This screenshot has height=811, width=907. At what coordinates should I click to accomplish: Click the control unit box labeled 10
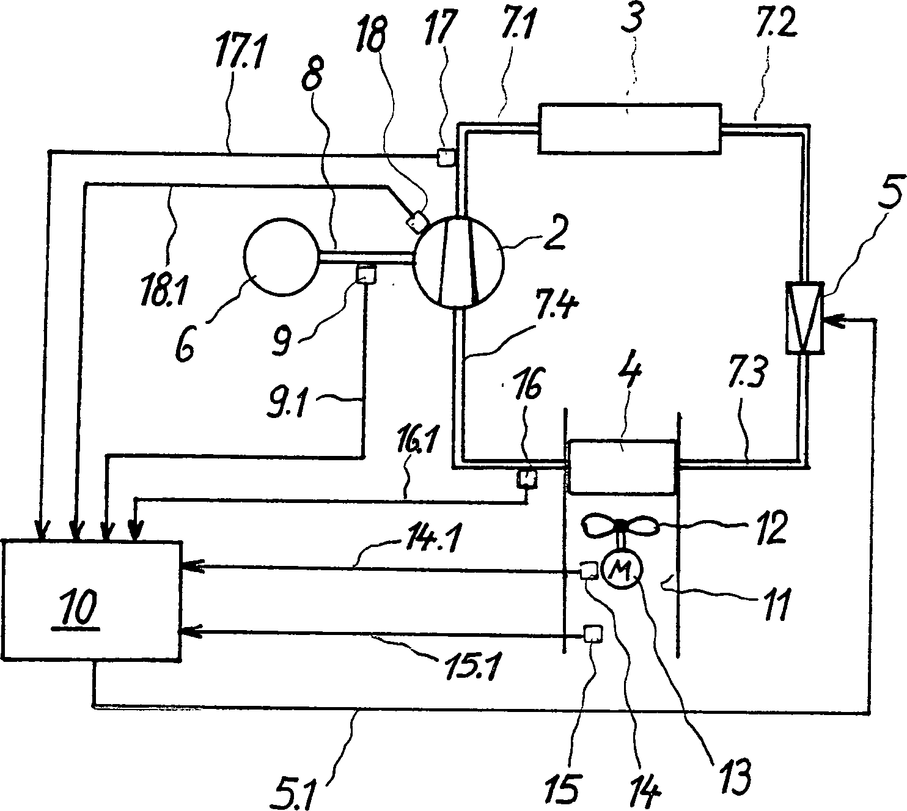tap(92, 599)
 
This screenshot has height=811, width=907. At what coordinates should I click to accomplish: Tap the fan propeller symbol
tap(621, 526)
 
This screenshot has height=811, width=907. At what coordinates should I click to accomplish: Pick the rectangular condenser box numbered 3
tap(629, 127)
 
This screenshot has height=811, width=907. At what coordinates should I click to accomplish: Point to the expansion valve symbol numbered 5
tap(806, 317)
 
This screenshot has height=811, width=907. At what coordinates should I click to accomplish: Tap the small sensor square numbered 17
tap(446, 157)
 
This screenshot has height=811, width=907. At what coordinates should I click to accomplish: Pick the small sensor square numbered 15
tap(591, 634)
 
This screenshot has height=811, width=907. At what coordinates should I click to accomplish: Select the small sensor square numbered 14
tap(589, 571)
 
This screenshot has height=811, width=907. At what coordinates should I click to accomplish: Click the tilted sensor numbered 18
tap(417, 221)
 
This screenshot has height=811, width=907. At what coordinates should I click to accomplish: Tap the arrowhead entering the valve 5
tap(832, 319)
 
